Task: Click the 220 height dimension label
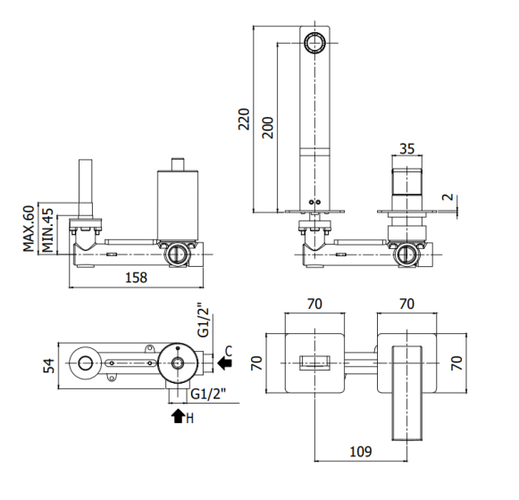[244, 119]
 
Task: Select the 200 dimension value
[267, 128]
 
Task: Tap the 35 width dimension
[406, 148]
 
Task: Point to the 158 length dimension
[136, 278]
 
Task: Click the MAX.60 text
[29, 229]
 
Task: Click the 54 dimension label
[49, 366]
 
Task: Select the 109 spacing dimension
[361, 452]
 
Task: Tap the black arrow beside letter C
[225, 363]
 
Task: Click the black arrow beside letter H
[178, 416]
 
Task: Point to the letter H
[189, 419]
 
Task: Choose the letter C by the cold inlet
[229, 351]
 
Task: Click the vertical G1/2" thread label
[204, 320]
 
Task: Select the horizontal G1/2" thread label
[208, 394]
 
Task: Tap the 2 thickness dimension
[448, 197]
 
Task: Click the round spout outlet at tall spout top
[314, 43]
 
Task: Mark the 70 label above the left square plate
[314, 304]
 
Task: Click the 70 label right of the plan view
[456, 363]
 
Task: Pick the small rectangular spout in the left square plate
[314, 363]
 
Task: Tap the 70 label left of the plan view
[257, 363]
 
